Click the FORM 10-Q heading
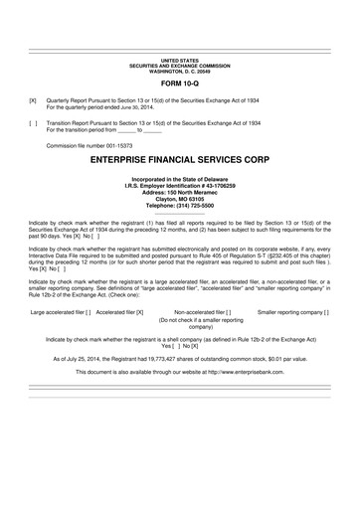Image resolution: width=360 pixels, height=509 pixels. (x=180, y=84)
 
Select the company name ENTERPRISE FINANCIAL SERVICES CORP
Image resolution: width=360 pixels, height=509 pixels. (x=180, y=158)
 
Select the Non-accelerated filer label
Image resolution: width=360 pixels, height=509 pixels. (x=202, y=312)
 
